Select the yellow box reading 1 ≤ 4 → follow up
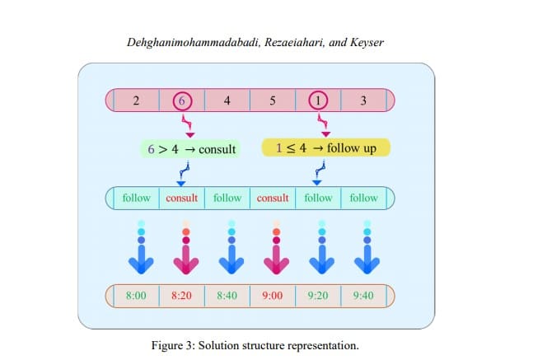pos(325,148)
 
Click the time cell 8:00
pos(137,294)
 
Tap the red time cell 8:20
pos(182,294)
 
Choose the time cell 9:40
pos(363,294)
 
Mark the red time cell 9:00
pos(273,294)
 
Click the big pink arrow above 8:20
pos(186,256)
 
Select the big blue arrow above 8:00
pos(141,256)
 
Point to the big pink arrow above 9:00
pos(277,256)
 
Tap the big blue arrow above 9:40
pos(367,256)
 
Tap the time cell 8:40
pos(227,294)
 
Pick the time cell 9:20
pos(318,294)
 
